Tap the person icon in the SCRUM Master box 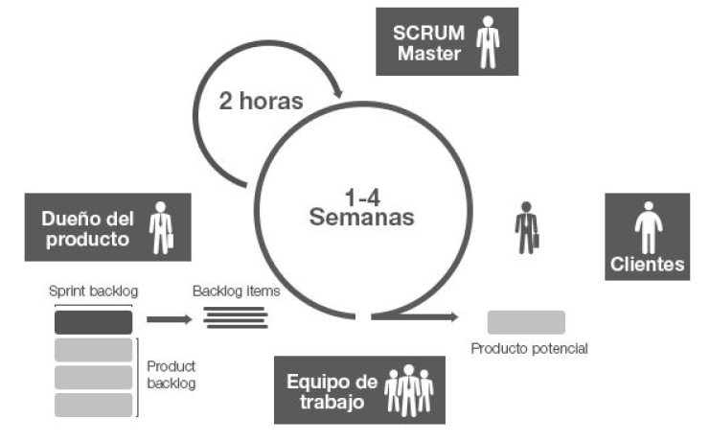(489, 41)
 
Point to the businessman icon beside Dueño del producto (160, 227)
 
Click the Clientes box (647, 237)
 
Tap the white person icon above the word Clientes (647, 227)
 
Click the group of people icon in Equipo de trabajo (408, 389)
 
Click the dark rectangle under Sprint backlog (93, 321)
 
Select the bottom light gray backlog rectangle (93, 405)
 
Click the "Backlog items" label (236, 291)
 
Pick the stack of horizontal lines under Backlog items (236, 315)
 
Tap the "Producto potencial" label (529, 348)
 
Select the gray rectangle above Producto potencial (526, 322)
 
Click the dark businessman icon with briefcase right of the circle (526, 227)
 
